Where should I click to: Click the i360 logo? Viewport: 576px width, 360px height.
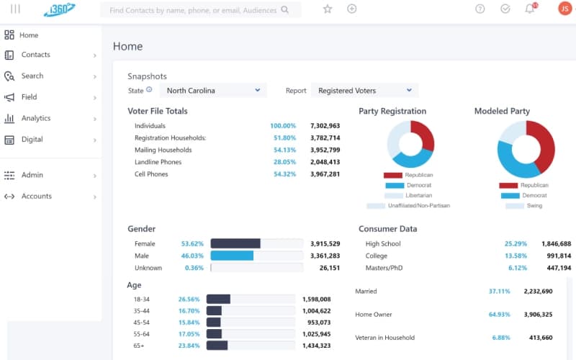pyautogui.click(x=60, y=9)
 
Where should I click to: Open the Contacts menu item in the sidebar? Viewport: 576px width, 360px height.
pyautogui.click(x=35, y=55)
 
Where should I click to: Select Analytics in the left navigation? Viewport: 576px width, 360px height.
pyautogui.click(x=36, y=118)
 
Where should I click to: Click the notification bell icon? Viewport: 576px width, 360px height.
pyautogui.click(x=529, y=9)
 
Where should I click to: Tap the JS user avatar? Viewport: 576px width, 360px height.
pyautogui.click(x=564, y=9)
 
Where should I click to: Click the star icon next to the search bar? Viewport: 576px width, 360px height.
pyautogui.click(x=328, y=9)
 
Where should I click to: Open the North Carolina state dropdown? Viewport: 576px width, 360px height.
pyautogui.click(x=213, y=91)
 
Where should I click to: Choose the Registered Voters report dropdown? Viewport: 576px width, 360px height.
pyautogui.click(x=364, y=91)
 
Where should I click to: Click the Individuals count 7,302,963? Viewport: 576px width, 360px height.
pyautogui.click(x=325, y=125)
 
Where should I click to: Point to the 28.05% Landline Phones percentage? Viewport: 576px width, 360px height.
pyautogui.click(x=284, y=162)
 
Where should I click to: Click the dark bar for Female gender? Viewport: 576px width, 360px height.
pyautogui.click(x=235, y=243)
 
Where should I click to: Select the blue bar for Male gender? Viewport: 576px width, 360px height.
pyautogui.click(x=232, y=256)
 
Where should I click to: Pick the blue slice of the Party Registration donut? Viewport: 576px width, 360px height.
pyautogui.click(x=412, y=160)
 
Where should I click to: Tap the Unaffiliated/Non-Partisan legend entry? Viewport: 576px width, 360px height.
pyautogui.click(x=408, y=206)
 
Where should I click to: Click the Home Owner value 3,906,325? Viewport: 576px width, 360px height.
pyautogui.click(x=538, y=315)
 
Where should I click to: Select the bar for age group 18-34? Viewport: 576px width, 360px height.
pyautogui.click(x=218, y=299)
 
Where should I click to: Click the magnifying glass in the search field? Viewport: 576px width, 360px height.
pyautogui.click(x=284, y=9)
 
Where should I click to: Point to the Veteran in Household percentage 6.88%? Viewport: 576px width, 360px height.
pyautogui.click(x=501, y=338)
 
